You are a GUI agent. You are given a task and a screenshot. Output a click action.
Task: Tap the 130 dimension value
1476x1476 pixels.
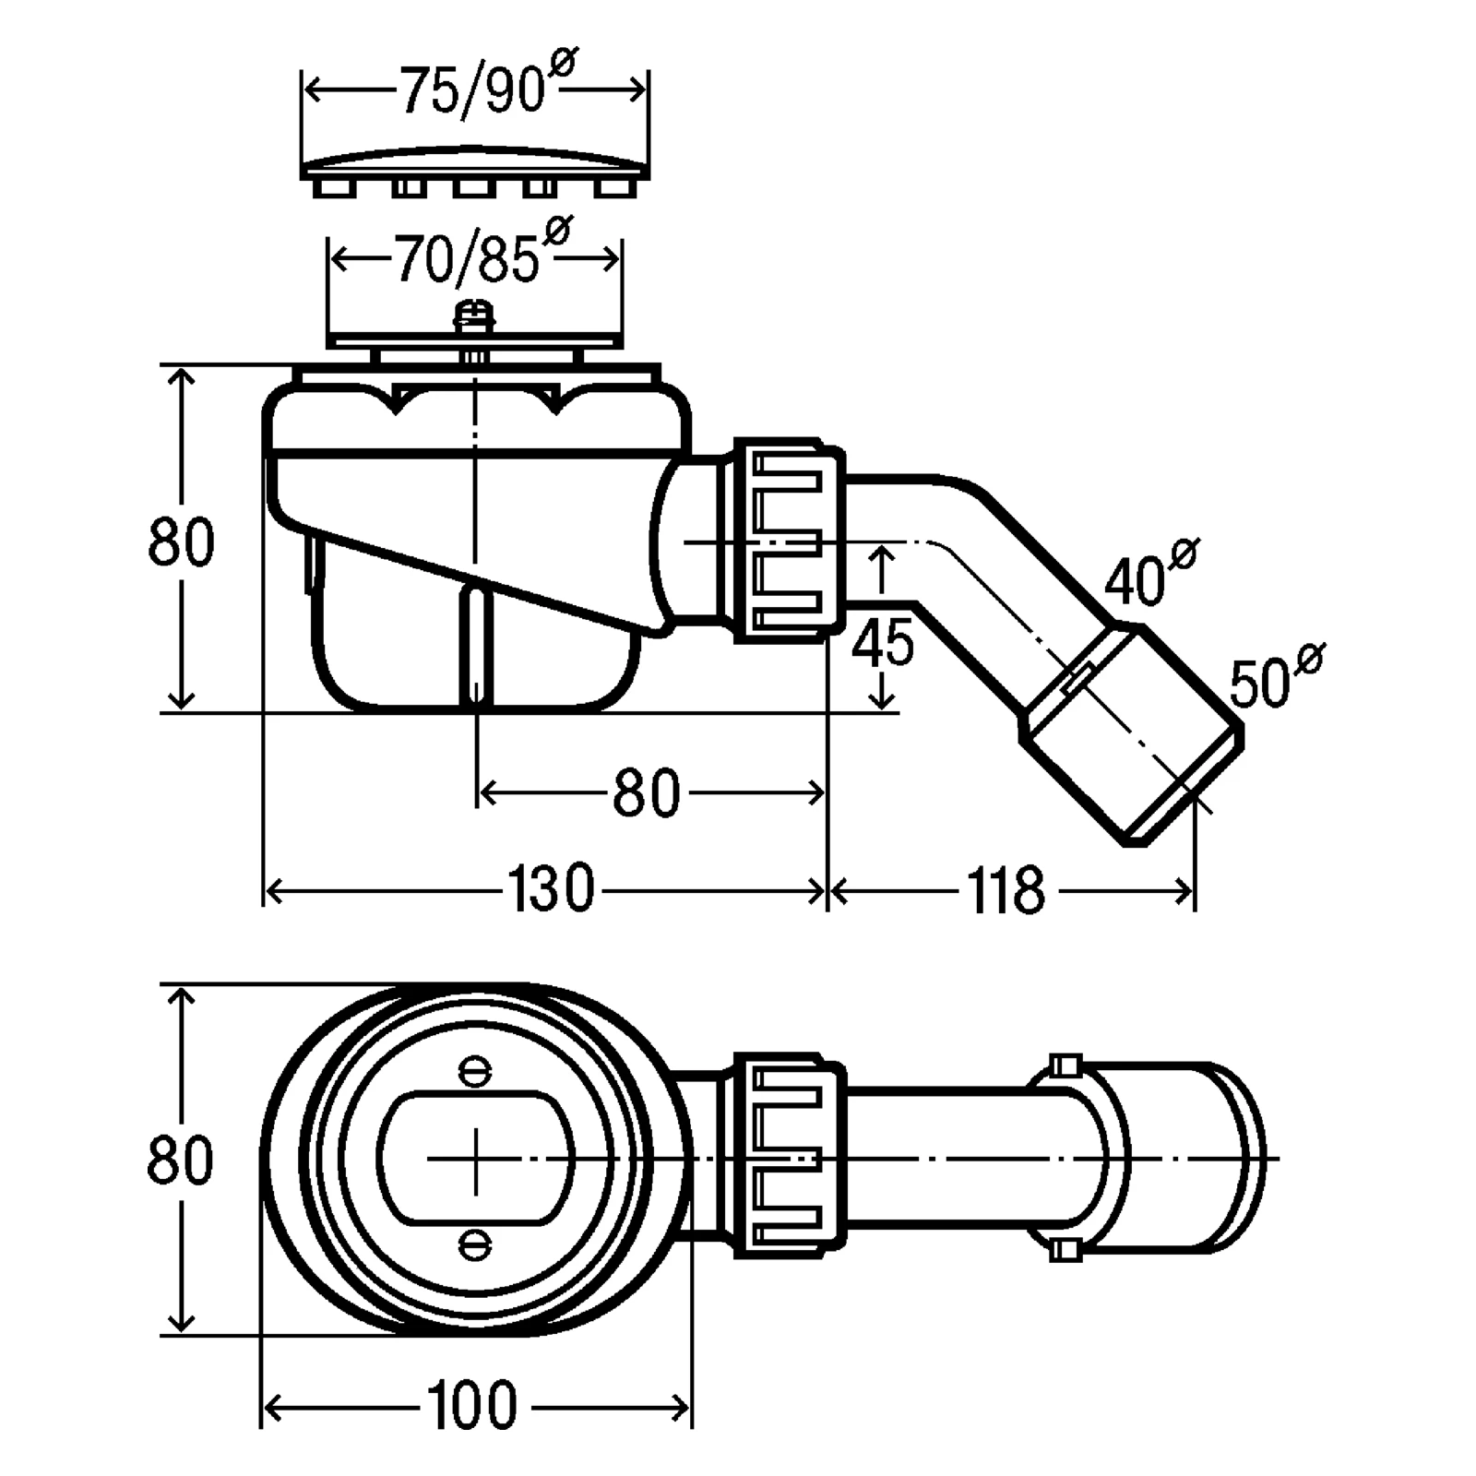click(x=551, y=889)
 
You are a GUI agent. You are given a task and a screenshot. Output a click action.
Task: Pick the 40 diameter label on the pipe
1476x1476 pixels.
click(x=1149, y=575)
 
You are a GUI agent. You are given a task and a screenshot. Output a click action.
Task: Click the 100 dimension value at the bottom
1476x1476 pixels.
click(x=472, y=1406)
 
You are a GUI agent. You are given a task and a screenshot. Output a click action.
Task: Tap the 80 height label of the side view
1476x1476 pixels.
click(x=181, y=541)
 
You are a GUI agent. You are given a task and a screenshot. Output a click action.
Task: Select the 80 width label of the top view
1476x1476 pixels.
click(x=180, y=1160)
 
